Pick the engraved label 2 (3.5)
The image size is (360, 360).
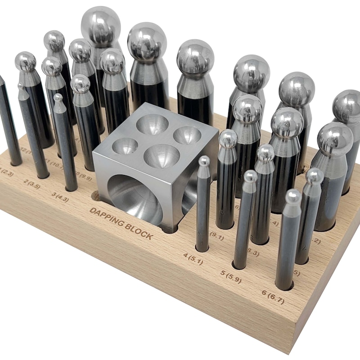pos(32,183)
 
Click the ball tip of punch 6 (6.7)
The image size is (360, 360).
pos(293,196)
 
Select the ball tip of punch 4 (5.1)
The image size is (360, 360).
pos(204,161)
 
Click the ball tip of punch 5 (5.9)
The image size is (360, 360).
pos(250,176)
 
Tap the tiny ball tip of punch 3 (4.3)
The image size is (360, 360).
pos(58,97)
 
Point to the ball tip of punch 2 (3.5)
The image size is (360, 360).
pos(21,85)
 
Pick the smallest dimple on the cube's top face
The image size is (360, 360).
pos(125,145)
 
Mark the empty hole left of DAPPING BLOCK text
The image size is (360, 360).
pos(95,195)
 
